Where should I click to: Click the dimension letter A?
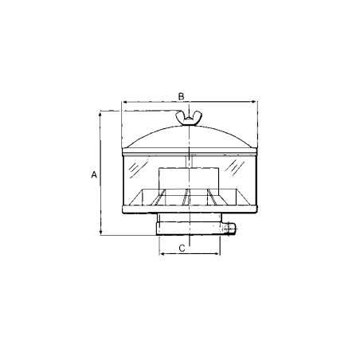click(94, 174)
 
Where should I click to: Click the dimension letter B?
click(182, 96)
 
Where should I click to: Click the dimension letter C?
click(182, 248)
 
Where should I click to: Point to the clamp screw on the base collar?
click(231, 230)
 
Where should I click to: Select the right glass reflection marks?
click(237, 168)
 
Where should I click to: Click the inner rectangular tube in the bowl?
click(187, 180)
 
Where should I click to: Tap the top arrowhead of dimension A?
click(101, 115)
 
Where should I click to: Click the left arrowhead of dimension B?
click(123, 102)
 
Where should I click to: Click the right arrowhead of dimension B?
click(252, 102)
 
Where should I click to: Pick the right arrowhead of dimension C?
click(217, 253)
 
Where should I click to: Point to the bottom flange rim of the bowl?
click(188, 209)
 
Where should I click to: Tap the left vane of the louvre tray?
click(162, 198)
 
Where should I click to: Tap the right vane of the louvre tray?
click(211, 198)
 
